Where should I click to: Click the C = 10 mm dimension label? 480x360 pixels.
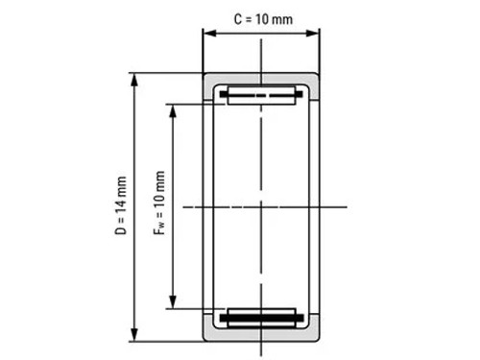[x=263, y=19]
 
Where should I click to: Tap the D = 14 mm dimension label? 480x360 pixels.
[x=121, y=205]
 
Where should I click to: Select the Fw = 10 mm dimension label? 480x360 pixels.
[x=159, y=203]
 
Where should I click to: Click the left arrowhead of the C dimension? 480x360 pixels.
[x=210, y=33]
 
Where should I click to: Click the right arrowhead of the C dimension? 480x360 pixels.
[x=312, y=33]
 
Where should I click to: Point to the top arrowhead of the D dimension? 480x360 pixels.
[x=134, y=80]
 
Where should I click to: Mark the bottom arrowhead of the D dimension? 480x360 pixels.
[x=134, y=335]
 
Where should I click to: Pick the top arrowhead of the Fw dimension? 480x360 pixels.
[x=173, y=110]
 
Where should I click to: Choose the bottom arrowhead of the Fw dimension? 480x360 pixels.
[x=173, y=302]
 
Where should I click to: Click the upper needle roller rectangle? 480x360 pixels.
[x=261, y=95]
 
